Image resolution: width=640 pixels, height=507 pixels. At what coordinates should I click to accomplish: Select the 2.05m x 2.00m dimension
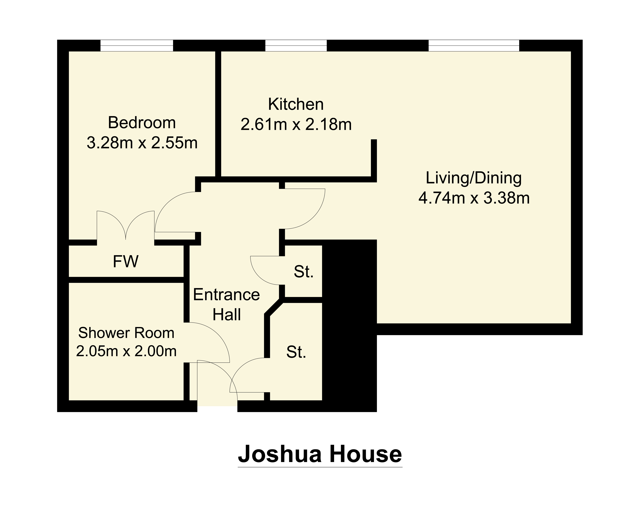(126, 351)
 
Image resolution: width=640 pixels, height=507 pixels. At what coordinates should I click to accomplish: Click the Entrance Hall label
(226, 305)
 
